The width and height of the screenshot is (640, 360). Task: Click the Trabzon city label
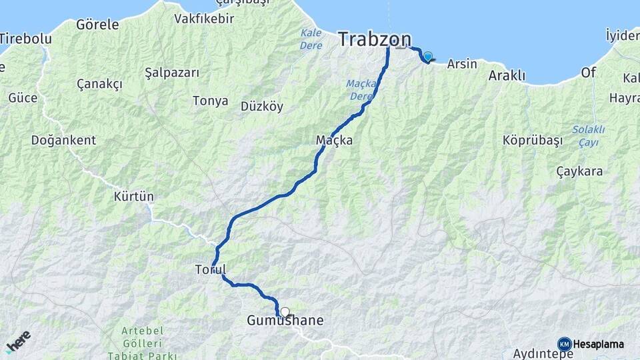pyautogui.click(x=374, y=39)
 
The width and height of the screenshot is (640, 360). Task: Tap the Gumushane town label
pyautogui.click(x=285, y=321)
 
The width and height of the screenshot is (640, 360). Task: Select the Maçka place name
pyautogui.click(x=334, y=141)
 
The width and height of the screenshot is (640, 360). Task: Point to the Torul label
pyautogui.click(x=210, y=270)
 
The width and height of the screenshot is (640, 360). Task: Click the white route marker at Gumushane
pyautogui.click(x=285, y=312)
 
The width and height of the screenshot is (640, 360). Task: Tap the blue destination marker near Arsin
pyautogui.click(x=427, y=57)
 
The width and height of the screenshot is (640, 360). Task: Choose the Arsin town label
pyautogui.click(x=462, y=65)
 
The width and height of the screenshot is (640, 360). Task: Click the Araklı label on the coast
pyautogui.click(x=507, y=76)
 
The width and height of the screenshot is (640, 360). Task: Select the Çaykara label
pyautogui.click(x=579, y=171)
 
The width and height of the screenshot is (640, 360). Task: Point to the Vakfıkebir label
pyautogui.click(x=204, y=19)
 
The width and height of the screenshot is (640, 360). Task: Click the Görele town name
pyautogui.click(x=97, y=25)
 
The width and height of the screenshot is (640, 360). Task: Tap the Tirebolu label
pyautogui.click(x=26, y=39)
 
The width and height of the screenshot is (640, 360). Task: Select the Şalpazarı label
pyautogui.click(x=172, y=73)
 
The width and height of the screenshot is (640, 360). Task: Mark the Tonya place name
pyautogui.click(x=210, y=101)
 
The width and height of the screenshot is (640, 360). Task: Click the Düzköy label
pyautogui.click(x=262, y=105)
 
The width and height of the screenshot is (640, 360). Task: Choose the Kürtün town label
pyautogui.click(x=134, y=197)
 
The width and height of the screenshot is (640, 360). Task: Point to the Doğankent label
pyautogui.click(x=63, y=141)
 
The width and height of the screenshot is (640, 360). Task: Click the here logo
pyautogui.click(x=18, y=341)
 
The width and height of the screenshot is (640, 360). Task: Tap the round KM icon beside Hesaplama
pyautogui.click(x=564, y=344)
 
